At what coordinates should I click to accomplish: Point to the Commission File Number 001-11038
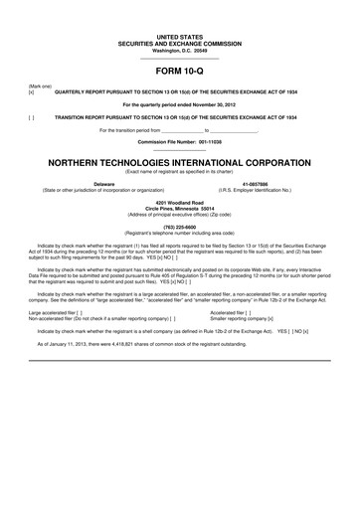pos(179,142)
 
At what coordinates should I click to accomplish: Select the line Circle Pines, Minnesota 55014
pos(179,210)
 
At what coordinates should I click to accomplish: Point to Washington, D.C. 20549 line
pos(179,24)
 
